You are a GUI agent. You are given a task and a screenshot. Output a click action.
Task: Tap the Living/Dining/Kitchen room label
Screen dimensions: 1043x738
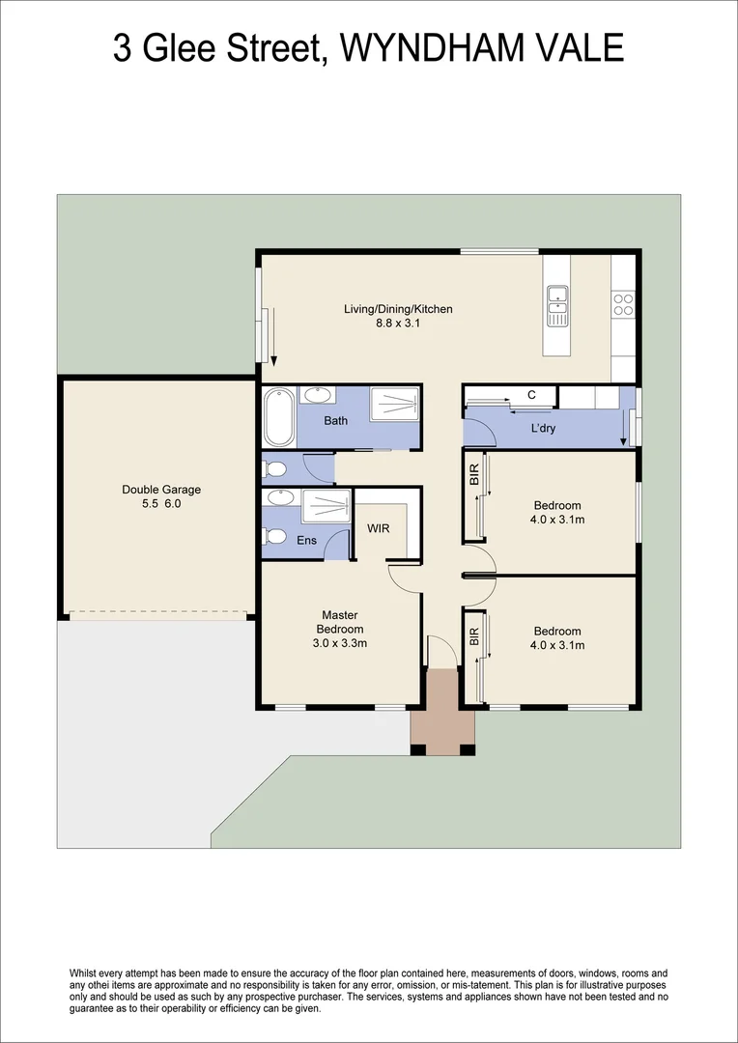(398, 309)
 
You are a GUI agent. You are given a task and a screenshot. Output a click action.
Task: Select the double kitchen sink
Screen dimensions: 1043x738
(556, 305)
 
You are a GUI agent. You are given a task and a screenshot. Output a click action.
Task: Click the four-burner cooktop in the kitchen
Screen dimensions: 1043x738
(623, 304)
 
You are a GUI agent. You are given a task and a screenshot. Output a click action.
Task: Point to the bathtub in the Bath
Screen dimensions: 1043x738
(278, 416)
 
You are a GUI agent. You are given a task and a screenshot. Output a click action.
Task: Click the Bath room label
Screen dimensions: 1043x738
(335, 420)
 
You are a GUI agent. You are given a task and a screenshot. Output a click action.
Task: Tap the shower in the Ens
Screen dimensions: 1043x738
(325, 506)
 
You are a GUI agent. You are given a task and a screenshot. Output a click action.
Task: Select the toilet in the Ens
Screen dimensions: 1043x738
(273, 537)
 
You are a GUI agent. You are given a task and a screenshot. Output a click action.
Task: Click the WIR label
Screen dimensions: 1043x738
(378, 528)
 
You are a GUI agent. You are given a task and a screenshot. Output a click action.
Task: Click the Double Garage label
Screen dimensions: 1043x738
(161, 490)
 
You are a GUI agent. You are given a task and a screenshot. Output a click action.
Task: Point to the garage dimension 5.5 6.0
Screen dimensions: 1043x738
(161, 503)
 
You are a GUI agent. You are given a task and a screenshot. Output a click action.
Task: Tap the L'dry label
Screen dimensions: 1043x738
(543, 428)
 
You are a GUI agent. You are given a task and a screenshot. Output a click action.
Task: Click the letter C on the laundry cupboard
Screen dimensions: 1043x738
(530, 394)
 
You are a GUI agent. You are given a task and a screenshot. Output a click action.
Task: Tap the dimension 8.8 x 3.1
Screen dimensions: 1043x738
(398, 324)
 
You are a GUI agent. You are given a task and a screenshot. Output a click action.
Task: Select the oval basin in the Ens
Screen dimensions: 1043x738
(279, 498)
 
